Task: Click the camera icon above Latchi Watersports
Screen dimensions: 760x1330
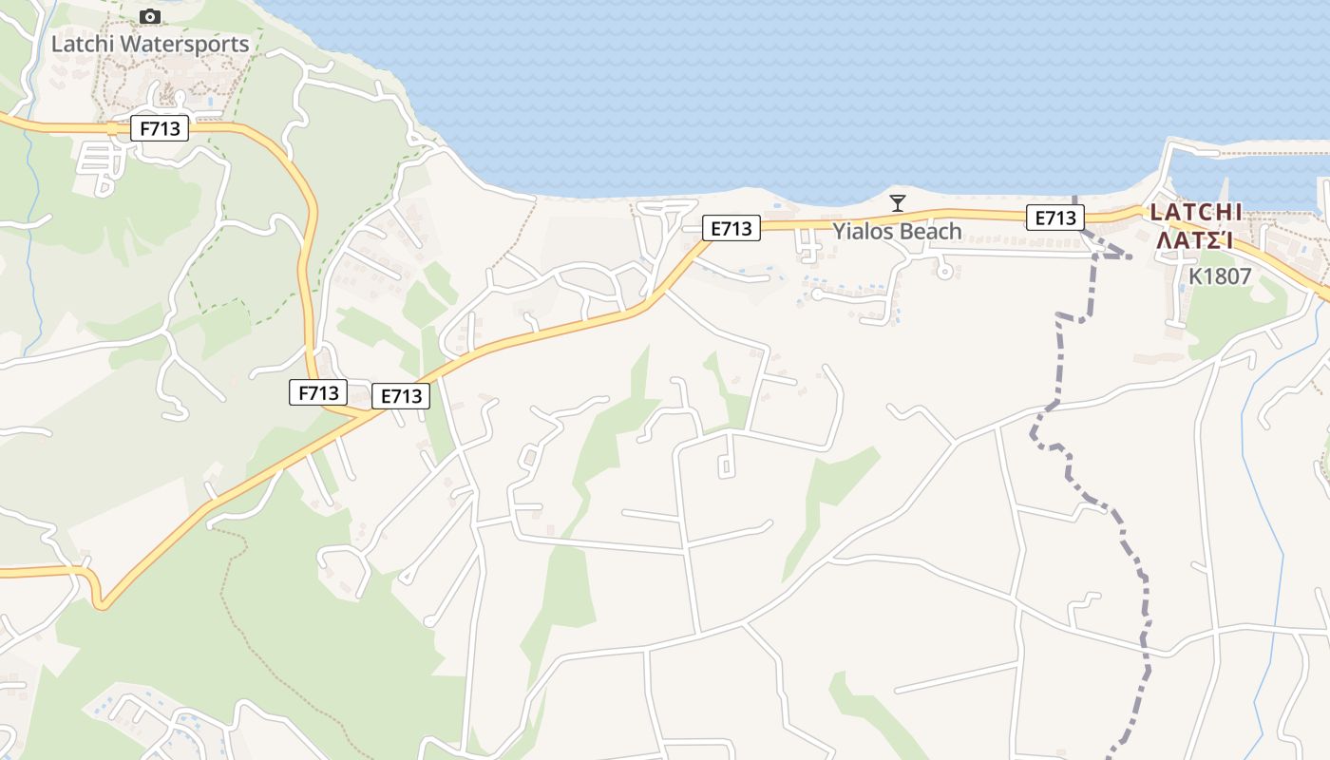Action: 149,16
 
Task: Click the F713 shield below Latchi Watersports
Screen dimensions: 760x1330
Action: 160,128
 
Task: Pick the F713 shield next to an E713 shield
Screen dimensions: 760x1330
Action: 318,391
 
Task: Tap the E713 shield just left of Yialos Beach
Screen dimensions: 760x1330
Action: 731,228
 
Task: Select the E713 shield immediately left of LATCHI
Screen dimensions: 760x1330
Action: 1054,218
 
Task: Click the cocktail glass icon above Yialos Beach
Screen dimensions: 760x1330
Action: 897,202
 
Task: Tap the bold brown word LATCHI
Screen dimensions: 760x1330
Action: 1195,212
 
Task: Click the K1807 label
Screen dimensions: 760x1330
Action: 1220,276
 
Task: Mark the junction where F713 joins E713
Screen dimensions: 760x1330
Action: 366,413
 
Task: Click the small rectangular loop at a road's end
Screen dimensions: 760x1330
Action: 727,466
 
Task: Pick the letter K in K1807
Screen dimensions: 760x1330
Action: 1195,276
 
